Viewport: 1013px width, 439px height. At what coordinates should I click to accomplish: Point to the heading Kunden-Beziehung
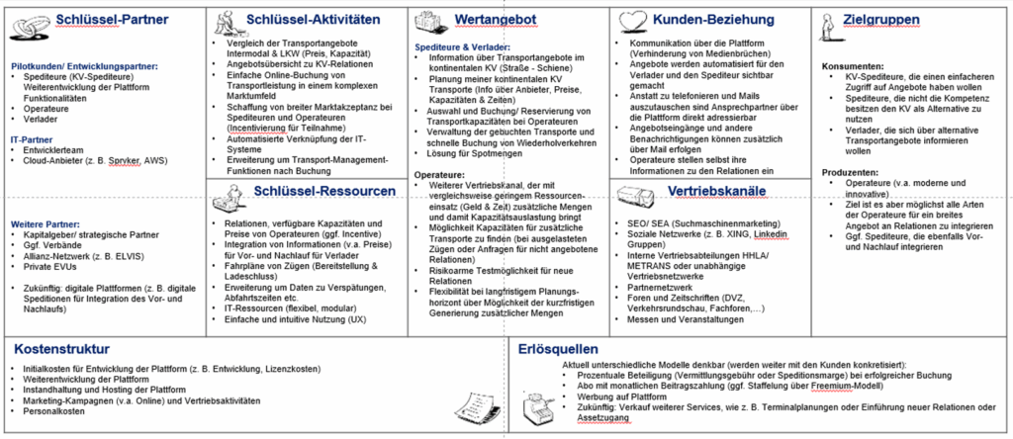coord(710,20)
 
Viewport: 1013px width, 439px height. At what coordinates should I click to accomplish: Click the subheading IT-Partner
coord(32,140)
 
